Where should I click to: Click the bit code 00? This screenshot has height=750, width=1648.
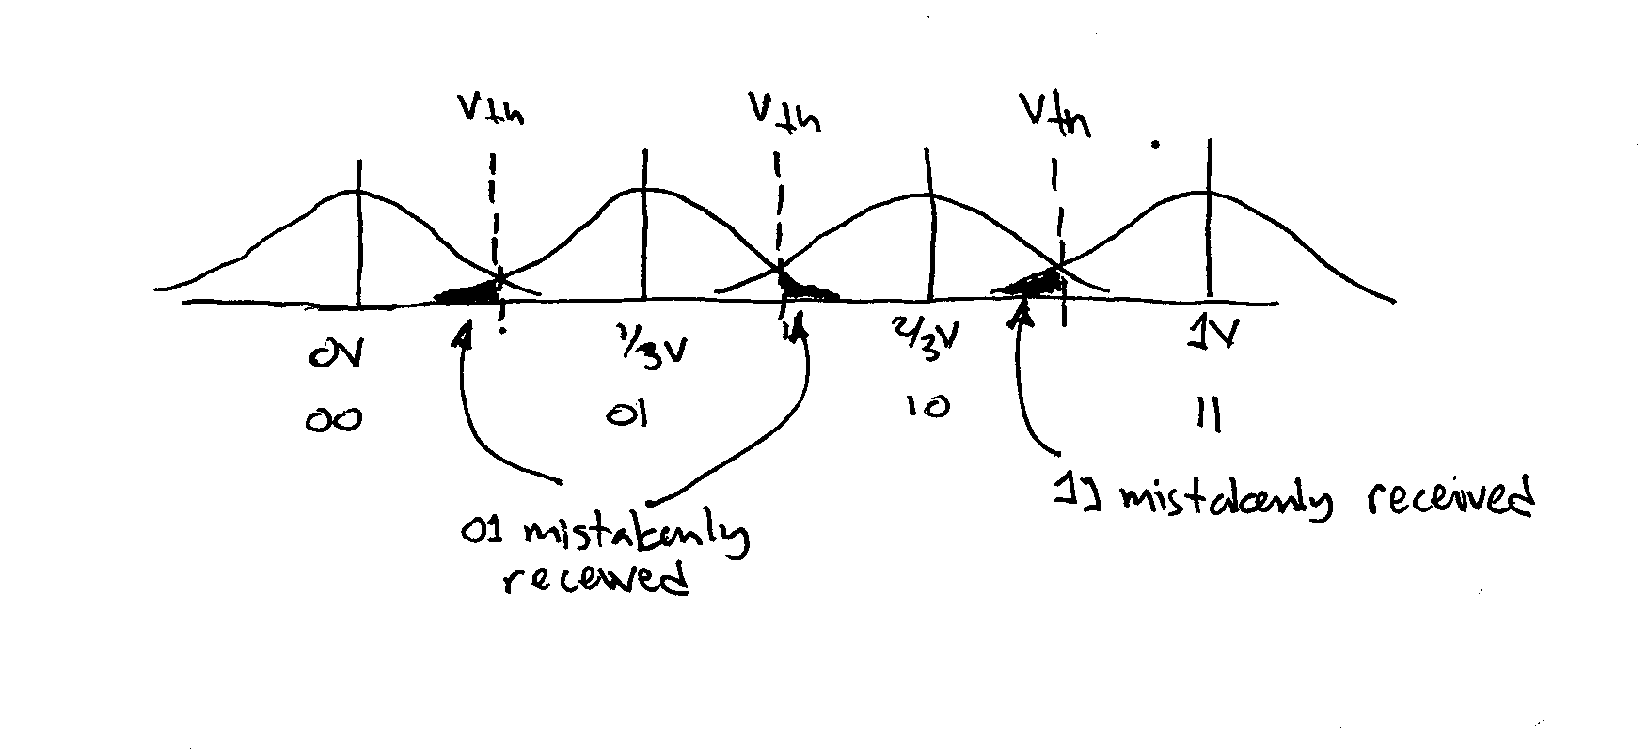tap(332, 420)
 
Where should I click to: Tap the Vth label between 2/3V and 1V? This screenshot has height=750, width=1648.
tap(1055, 115)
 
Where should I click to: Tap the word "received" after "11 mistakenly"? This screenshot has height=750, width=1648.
tap(1449, 498)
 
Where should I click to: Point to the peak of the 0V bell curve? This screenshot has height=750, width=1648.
tap(357, 192)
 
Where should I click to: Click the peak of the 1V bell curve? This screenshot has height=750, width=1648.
tap(1208, 193)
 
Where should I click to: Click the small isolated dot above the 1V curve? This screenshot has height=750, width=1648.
tap(1155, 145)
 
